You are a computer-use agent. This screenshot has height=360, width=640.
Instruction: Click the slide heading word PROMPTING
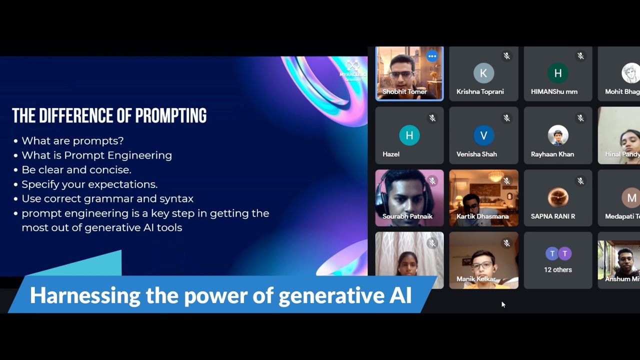[x=170, y=115]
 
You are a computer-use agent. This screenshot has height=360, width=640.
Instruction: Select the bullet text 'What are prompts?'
[x=72, y=141]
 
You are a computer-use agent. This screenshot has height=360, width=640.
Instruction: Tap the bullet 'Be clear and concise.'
[x=76, y=170]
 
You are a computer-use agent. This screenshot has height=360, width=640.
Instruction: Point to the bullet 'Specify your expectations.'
[x=89, y=184]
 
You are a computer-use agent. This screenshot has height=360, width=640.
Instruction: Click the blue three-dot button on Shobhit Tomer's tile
[x=432, y=56]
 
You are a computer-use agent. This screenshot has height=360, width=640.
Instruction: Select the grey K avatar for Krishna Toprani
[x=483, y=73]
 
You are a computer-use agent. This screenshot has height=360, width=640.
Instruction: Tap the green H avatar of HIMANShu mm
[x=557, y=73]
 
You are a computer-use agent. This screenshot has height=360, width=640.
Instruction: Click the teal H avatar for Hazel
[x=409, y=135]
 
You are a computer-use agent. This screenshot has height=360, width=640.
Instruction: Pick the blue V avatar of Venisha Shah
[x=483, y=135]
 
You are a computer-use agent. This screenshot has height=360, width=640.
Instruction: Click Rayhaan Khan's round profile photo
[x=557, y=135]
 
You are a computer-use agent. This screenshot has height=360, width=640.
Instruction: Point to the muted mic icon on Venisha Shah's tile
[x=506, y=118]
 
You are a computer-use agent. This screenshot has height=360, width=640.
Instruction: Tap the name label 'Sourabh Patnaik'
[x=407, y=216]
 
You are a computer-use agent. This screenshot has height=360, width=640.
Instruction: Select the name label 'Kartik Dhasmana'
[x=482, y=216]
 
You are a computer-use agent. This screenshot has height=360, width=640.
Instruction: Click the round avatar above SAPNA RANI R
[x=557, y=197]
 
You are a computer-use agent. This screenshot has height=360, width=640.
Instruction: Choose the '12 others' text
[x=557, y=270]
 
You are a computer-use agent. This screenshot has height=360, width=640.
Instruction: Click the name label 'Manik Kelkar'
[x=475, y=279]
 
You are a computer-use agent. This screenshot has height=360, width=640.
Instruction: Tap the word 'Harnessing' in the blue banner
[x=84, y=295]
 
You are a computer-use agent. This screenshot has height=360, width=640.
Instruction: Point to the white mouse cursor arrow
[x=503, y=304]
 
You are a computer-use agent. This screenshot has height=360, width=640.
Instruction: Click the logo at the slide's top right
[x=352, y=67]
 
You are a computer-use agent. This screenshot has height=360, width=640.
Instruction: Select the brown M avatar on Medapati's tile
[x=631, y=198]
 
